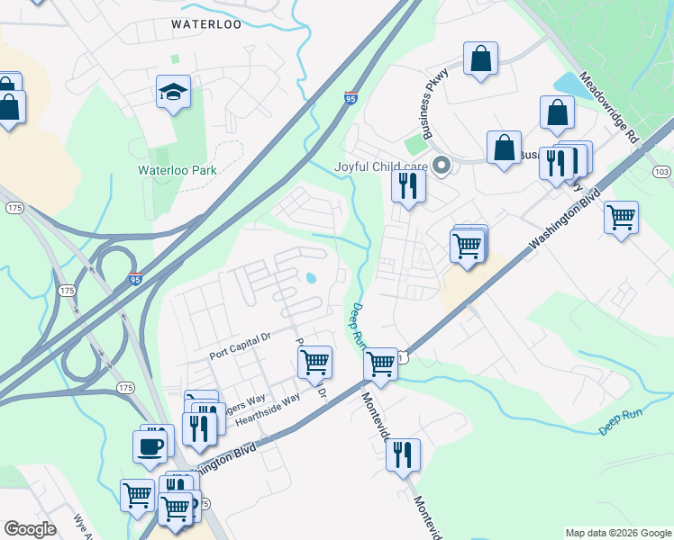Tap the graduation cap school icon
[173, 93]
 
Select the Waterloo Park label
[180, 169]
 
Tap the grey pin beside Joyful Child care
[442, 166]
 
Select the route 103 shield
[662, 172]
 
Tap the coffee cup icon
[150, 445]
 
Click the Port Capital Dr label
[240, 337]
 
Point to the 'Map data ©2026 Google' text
[617, 533]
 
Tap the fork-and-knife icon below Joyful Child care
[408, 186]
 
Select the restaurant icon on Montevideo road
[403, 454]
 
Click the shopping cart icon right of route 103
[621, 217]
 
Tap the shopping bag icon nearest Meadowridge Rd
[558, 113]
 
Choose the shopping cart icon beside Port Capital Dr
[314, 362]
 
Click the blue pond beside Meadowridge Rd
[569, 85]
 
